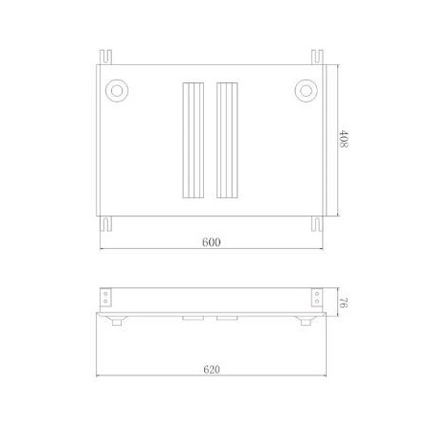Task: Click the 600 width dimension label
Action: click(212, 243)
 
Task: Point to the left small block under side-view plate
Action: click(192, 317)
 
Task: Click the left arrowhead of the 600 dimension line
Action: click(103, 251)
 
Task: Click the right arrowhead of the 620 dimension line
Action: click(327, 377)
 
